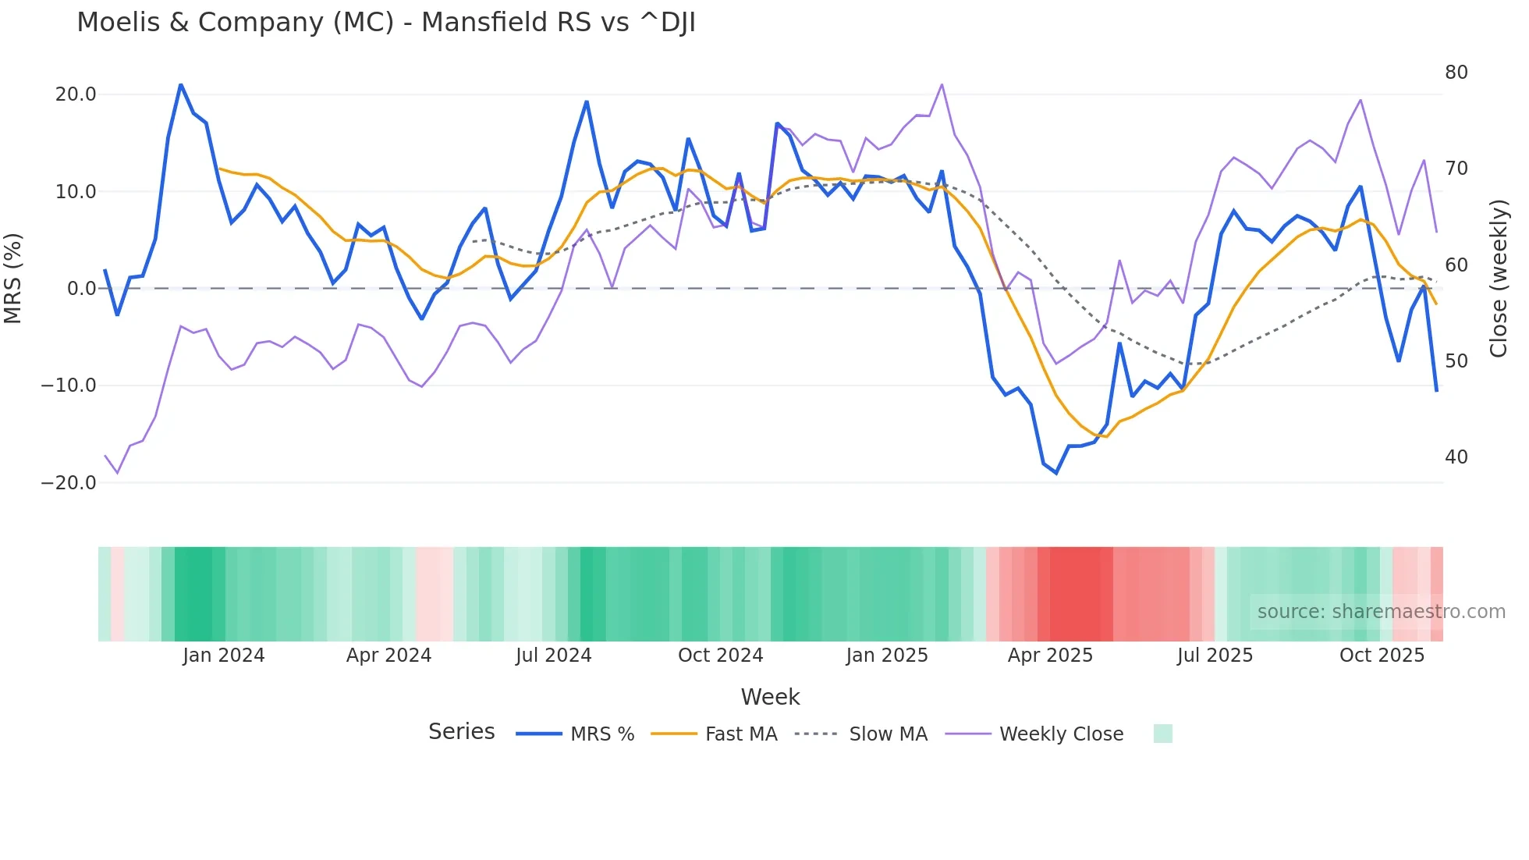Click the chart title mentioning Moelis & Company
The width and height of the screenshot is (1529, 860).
click(x=385, y=23)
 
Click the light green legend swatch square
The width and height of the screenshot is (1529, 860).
click(x=1162, y=734)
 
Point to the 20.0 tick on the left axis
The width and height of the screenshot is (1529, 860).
click(x=76, y=94)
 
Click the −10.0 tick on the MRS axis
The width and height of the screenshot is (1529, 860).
click(x=69, y=386)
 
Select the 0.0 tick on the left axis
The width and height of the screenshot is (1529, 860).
click(x=81, y=289)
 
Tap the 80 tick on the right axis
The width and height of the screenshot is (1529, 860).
click(x=1456, y=73)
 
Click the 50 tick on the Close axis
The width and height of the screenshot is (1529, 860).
click(x=1456, y=361)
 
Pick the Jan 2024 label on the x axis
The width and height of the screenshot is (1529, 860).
click(x=224, y=656)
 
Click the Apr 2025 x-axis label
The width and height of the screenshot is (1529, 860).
click(x=1050, y=656)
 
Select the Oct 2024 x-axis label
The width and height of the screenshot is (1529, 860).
click(x=720, y=656)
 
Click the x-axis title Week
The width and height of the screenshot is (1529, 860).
click(x=770, y=697)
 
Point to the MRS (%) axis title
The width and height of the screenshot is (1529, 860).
click(x=13, y=278)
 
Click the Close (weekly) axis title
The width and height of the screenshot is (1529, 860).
click(x=1499, y=279)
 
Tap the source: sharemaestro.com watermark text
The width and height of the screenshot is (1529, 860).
click(x=1381, y=612)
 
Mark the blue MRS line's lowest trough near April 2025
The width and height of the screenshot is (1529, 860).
click(x=1056, y=473)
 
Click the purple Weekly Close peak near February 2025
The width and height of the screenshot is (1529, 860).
click(x=942, y=84)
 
